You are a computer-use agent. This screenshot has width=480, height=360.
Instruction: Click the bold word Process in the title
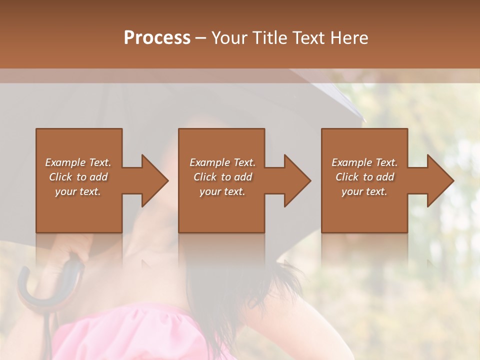pyautogui.click(x=157, y=38)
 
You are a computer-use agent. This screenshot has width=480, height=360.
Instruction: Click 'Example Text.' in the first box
pyautogui.click(x=78, y=162)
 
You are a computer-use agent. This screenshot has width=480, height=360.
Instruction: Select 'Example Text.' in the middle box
pyautogui.click(x=222, y=162)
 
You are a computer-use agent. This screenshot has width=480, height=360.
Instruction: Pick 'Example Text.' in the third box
pyautogui.click(x=364, y=162)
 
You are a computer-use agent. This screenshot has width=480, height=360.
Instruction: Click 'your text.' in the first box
pyautogui.click(x=78, y=191)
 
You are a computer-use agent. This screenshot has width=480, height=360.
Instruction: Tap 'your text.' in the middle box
pyautogui.click(x=222, y=191)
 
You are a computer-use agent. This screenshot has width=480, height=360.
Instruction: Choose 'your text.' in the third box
pyautogui.click(x=364, y=191)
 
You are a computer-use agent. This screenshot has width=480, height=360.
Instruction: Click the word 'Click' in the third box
pyautogui.click(x=347, y=177)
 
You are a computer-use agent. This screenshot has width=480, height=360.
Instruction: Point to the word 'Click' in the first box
pyautogui.click(x=60, y=177)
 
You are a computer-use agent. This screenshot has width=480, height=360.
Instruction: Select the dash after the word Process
pyautogui.click(x=201, y=38)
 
